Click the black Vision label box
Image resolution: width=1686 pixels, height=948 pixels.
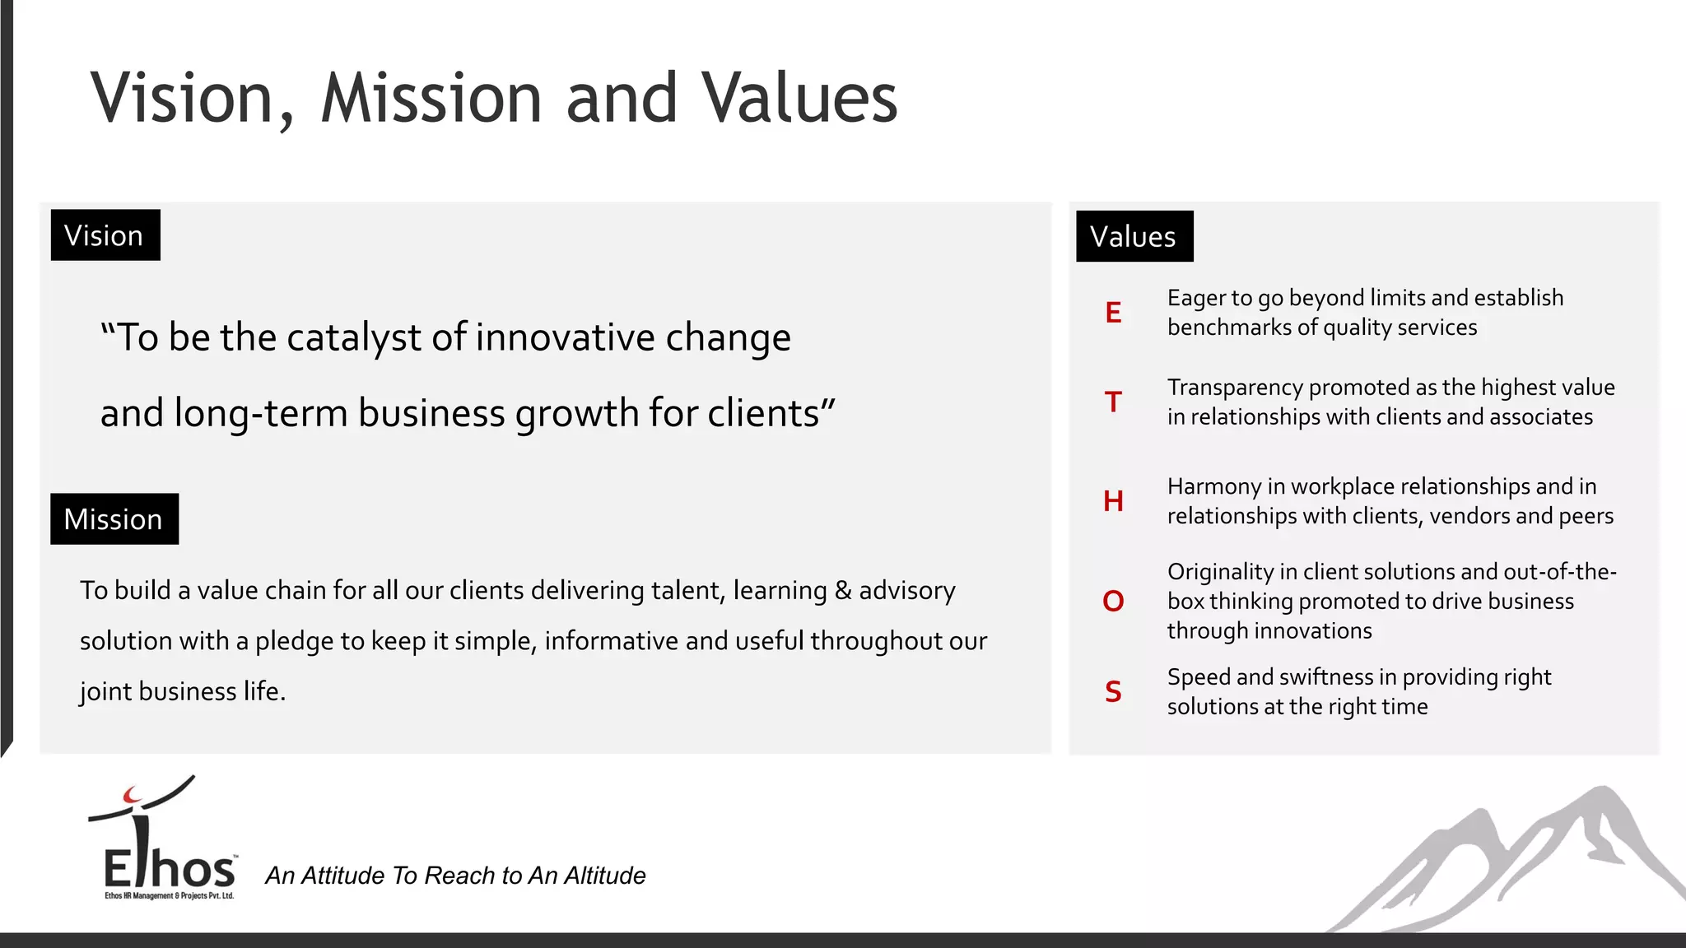pos(105,235)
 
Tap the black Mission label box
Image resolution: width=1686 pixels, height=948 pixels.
pos(114,519)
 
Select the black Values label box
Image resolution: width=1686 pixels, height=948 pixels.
pos(1134,236)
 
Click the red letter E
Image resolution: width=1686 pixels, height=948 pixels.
pos(1113,313)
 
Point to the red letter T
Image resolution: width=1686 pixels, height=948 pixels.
pos(1113,402)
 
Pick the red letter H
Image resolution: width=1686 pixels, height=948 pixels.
pos(1113,501)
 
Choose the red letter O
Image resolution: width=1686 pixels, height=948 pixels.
pos(1113,602)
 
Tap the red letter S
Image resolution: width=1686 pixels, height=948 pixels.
pos(1113,692)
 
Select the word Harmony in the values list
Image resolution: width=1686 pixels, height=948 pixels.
pos(1213,487)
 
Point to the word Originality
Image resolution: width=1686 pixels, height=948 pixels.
pos(1218,572)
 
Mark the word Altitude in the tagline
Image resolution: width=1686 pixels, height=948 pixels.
pos(604,876)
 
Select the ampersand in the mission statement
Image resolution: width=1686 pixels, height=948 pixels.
pos(842,591)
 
